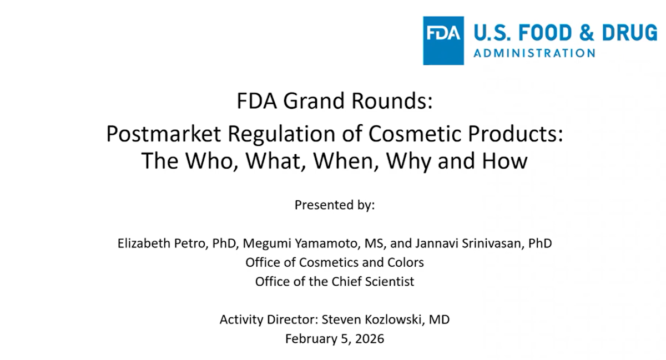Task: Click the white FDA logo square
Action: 443,40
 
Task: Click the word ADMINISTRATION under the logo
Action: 534,53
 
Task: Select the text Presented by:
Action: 335,205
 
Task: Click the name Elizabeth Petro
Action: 160,244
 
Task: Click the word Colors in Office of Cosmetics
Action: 405,262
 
